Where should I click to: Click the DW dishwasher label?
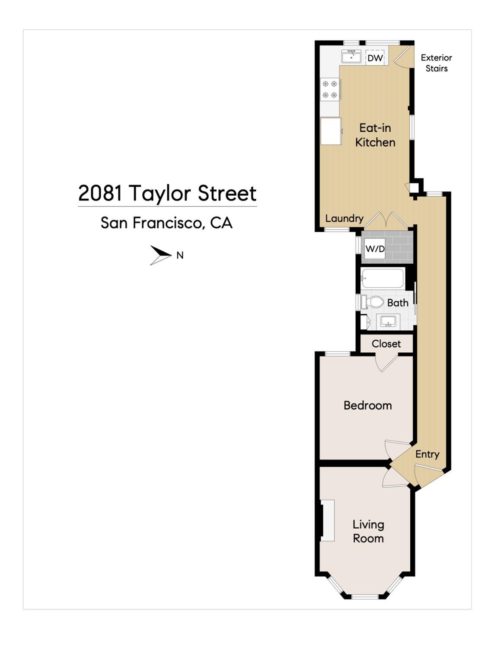pos(375,57)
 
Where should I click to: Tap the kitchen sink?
pos(351,57)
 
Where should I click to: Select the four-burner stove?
pos(330,89)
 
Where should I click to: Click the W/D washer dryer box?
pos(375,249)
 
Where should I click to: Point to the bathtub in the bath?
pos(383,278)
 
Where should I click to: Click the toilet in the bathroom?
pos(373,302)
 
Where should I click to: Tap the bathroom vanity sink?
pos(388,321)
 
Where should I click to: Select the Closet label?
pos(386,344)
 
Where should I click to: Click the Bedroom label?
pos(367,405)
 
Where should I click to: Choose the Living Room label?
pos(368,531)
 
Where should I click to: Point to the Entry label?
pos(427,454)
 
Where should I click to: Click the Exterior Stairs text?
pos(436,63)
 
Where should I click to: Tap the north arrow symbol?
pos(160,255)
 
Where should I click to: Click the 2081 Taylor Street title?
pos(167,193)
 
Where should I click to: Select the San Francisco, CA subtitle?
pos(166,223)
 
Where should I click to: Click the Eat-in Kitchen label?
pos(375,135)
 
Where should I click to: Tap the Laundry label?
pos(344,218)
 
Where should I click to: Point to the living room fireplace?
pos(328,520)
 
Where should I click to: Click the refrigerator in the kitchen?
pos(331,131)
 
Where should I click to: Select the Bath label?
pos(397,303)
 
